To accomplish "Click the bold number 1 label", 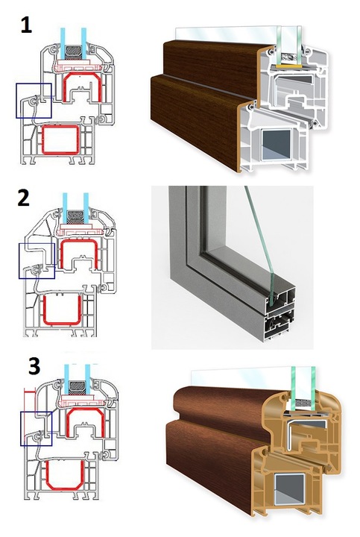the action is [26, 25].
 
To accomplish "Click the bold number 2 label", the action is [24, 198].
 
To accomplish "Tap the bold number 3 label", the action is [34, 365].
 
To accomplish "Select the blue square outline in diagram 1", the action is [16, 101].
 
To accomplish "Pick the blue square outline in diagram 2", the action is [19, 260].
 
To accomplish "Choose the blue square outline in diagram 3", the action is [21, 429].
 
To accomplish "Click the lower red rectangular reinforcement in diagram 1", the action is [42, 139].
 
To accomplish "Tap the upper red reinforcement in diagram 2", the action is [61, 254].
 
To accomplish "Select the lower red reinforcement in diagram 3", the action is [47, 475].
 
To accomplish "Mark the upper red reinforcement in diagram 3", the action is [67, 422].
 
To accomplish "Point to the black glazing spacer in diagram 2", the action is [75, 217].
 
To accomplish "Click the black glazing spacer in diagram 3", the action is [78, 387].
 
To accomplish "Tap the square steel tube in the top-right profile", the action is [277, 144].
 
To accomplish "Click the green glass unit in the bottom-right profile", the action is [303, 388].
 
